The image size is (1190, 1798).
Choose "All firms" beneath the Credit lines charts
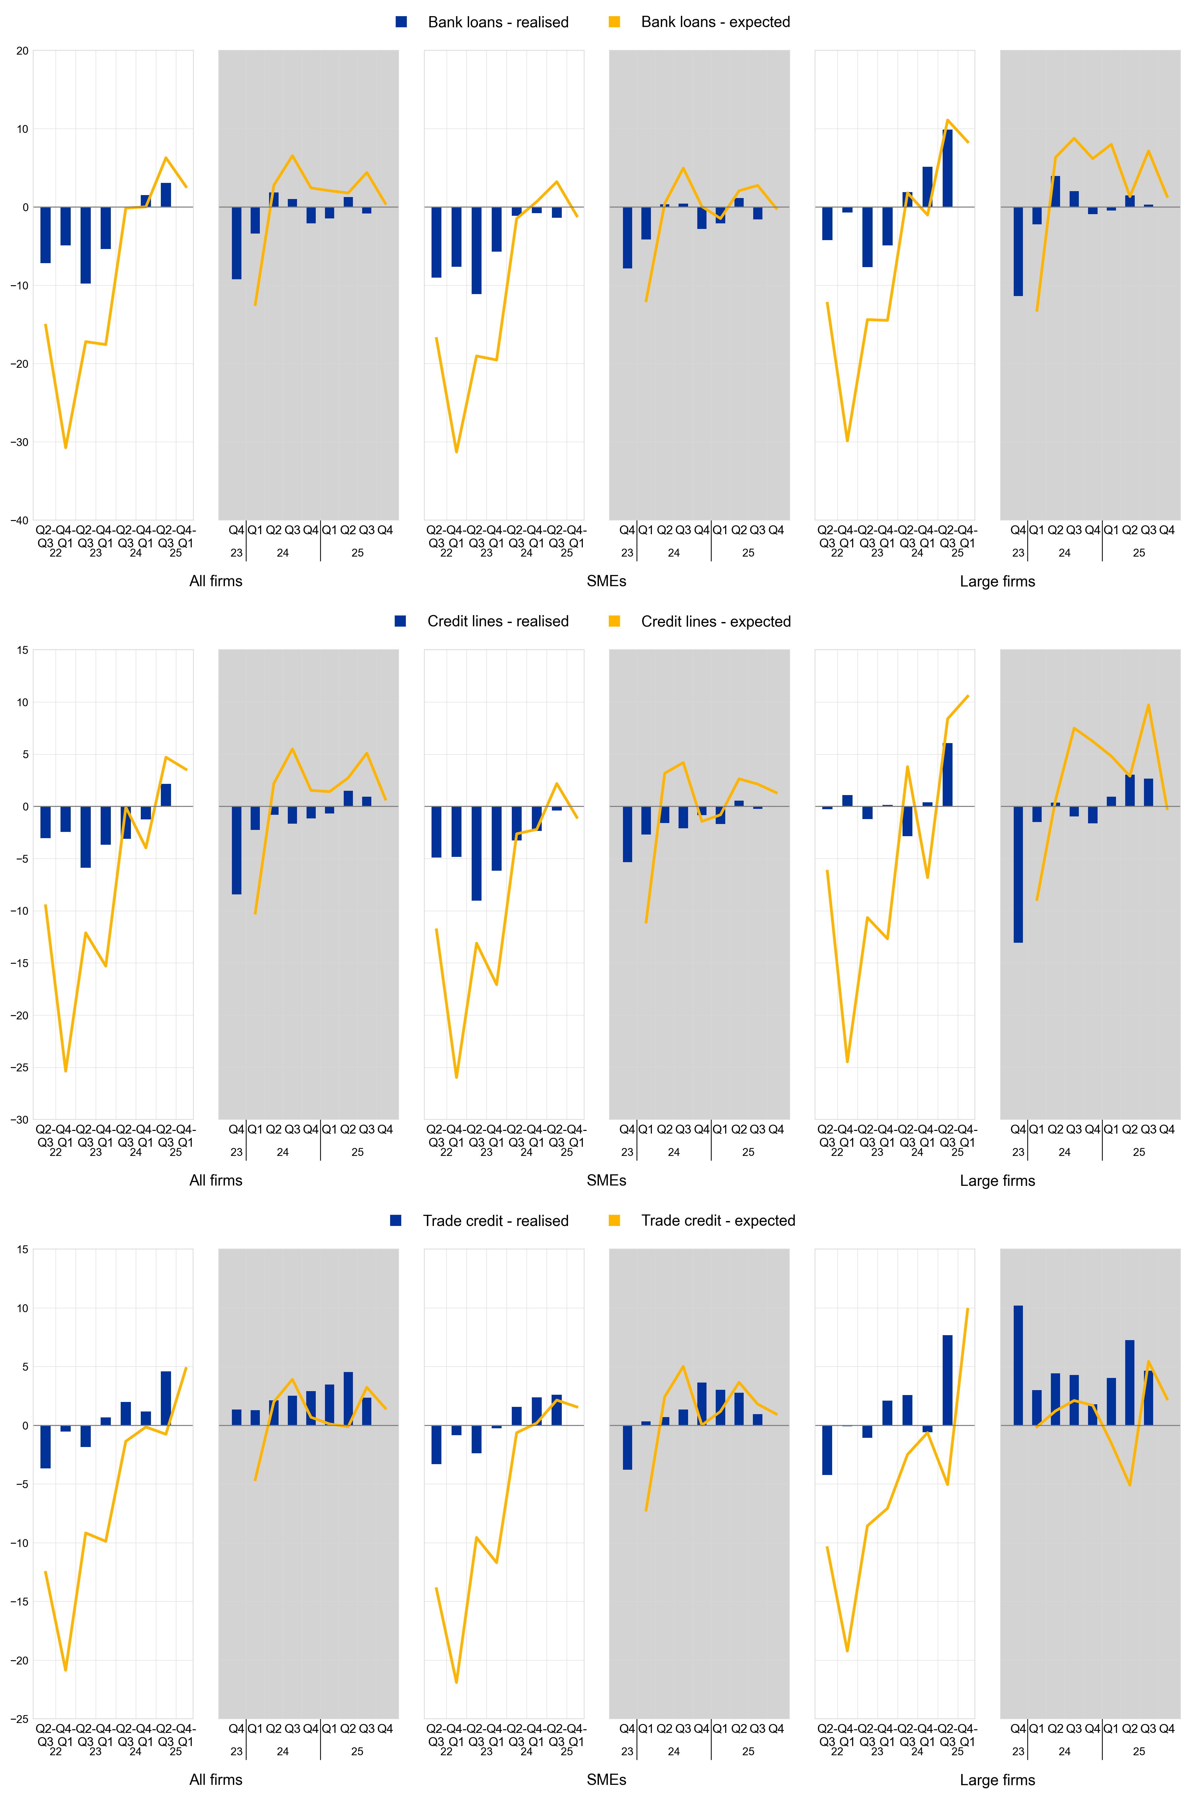pyautogui.click(x=215, y=1180)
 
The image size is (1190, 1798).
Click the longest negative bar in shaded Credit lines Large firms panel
pyautogui.click(x=1018, y=874)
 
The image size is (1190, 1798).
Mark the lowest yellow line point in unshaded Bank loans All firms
pyautogui.click(x=66, y=448)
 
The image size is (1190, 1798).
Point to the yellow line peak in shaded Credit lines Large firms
pyautogui.click(x=1148, y=705)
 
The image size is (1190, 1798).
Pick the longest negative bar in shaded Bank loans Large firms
pyautogui.click(x=1018, y=251)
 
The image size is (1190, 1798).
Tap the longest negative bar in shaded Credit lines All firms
pyautogui.click(x=237, y=850)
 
